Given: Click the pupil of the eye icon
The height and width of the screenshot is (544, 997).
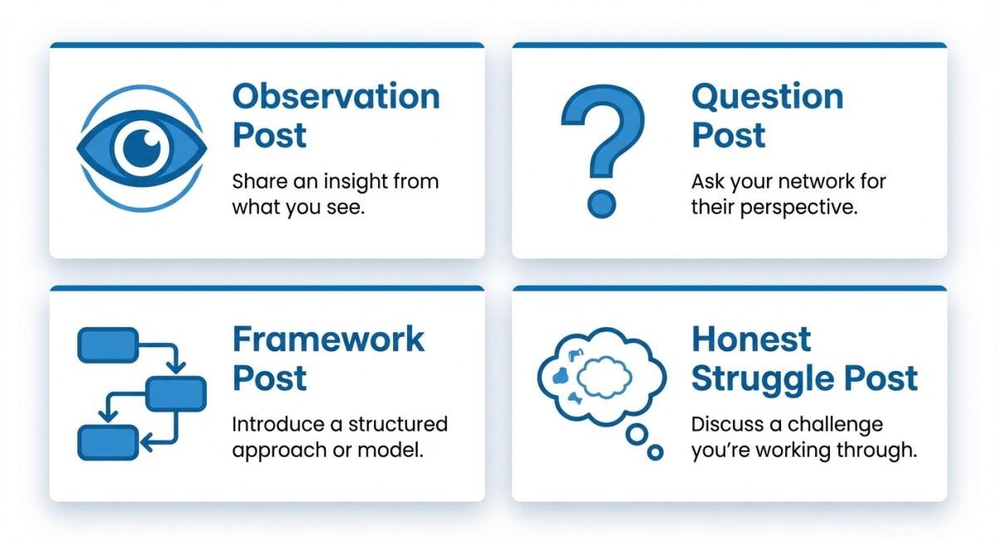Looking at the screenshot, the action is click(x=142, y=148).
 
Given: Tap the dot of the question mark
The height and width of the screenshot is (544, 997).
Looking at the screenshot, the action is click(x=602, y=204).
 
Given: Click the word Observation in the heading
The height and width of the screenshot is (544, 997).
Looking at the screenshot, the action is click(x=336, y=96).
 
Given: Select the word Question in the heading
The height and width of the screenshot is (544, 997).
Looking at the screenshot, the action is click(x=768, y=97).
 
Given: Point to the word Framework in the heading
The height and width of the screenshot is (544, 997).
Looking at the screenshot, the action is click(x=328, y=340).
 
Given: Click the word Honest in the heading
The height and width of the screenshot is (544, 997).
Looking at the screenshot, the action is click(x=751, y=340).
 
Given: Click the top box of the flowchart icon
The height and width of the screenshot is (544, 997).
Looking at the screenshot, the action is click(x=108, y=346).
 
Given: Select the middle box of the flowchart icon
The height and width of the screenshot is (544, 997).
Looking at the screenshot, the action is click(x=176, y=394).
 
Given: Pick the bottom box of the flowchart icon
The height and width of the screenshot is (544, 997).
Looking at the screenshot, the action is click(x=108, y=443).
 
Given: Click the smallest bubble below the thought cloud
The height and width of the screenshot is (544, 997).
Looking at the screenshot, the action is click(x=655, y=453).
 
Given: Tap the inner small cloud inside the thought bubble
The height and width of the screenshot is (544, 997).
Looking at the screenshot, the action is click(x=604, y=377).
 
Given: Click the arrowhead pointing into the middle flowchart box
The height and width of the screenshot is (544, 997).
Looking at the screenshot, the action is click(x=176, y=368).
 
